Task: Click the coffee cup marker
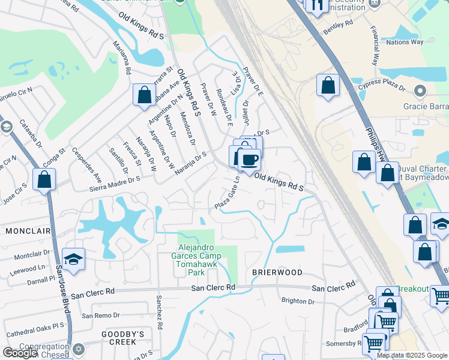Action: (249, 159)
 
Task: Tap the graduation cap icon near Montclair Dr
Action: (73, 259)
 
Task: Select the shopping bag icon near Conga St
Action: (144, 95)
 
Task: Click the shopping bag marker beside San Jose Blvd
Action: (44, 179)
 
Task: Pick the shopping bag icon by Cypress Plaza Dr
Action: (328, 85)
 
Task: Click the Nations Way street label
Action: (405, 42)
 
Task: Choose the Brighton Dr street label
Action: (298, 301)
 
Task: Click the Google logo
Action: (20, 353)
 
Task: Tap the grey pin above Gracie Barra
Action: (420, 92)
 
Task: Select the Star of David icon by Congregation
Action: (78, 349)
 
